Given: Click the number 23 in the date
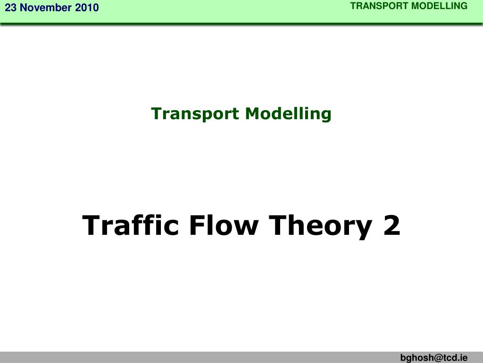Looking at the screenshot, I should (x=10, y=8).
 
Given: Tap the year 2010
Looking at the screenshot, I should (x=86, y=8).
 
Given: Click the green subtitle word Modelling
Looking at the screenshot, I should (x=288, y=113).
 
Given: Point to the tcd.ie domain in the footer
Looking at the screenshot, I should (x=454, y=358).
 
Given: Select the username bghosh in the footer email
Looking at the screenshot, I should (x=415, y=358).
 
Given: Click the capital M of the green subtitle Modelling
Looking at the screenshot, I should (x=251, y=113).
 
